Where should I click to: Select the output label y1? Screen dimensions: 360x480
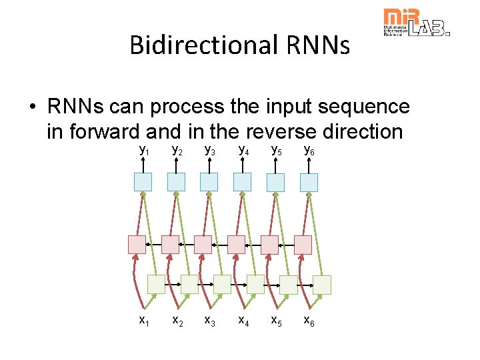[143, 150]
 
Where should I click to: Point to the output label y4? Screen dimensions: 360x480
[243, 150]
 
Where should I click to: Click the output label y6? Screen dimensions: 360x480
[309, 150]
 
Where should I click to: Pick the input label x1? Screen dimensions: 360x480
[143, 321]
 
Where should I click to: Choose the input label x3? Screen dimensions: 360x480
[209, 321]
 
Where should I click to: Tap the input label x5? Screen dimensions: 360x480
[275, 321]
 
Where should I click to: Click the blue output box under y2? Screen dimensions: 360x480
[176, 182]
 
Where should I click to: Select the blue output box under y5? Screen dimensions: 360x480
[275, 182]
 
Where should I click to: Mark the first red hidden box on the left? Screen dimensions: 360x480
[137, 245]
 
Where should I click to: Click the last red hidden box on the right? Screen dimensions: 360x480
[303, 245]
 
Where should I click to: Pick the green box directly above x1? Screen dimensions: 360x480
[156, 285]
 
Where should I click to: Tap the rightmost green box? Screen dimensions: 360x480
[322, 285]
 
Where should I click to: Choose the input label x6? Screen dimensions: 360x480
[309, 321]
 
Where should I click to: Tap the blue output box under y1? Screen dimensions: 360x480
[143, 182]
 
